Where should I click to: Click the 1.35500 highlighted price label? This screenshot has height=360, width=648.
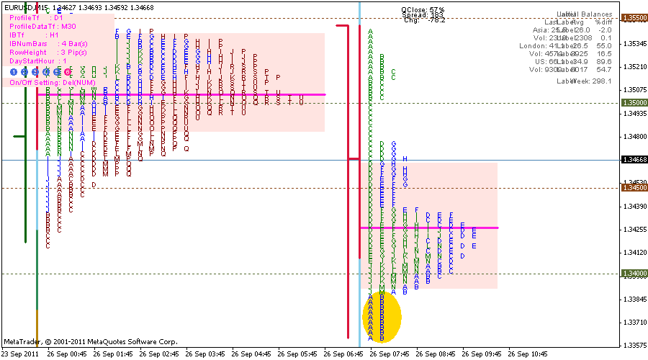[x=634, y=17]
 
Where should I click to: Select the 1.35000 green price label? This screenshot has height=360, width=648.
[x=634, y=103]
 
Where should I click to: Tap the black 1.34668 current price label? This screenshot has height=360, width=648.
[x=634, y=160]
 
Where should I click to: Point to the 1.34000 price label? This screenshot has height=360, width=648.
[x=634, y=274]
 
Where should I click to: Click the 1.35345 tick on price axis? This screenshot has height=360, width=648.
[x=634, y=44]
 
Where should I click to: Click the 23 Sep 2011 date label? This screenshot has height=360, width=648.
[x=20, y=354]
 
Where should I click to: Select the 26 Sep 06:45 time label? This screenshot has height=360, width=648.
[x=346, y=354]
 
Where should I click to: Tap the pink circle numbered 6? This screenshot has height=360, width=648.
[x=67, y=71]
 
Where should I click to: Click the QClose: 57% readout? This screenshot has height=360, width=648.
[x=423, y=10]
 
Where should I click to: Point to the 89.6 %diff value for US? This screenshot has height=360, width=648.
[x=603, y=61]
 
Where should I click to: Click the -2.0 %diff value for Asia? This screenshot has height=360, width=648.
[x=604, y=30]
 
